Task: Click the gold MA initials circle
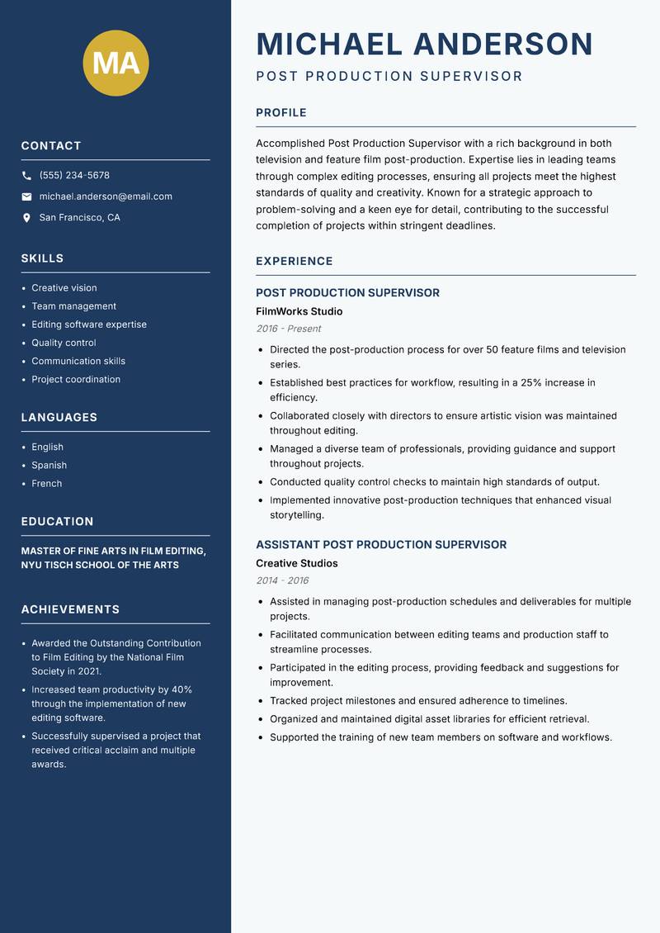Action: [x=115, y=64]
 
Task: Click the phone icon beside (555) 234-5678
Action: [x=26, y=176]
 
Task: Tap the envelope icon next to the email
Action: [x=26, y=197]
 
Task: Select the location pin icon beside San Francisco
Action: [x=26, y=218]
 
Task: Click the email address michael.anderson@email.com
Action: [x=106, y=197]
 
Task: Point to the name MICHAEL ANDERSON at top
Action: [x=424, y=44]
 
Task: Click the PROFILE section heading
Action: [x=280, y=113]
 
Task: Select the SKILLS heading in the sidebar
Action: [x=42, y=258]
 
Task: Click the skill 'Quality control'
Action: [x=64, y=343]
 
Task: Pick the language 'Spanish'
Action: [x=49, y=466]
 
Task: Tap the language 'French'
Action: [x=46, y=484]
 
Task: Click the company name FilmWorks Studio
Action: [x=299, y=312]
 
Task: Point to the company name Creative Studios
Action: [x=296, y=564]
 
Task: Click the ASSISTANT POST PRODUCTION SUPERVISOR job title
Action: [x=381, y=545]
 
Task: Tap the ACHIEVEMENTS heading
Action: [x=70, y=609]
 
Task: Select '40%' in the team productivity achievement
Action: [x=181, y=689]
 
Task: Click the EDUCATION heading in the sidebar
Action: [x=57, y=522]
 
